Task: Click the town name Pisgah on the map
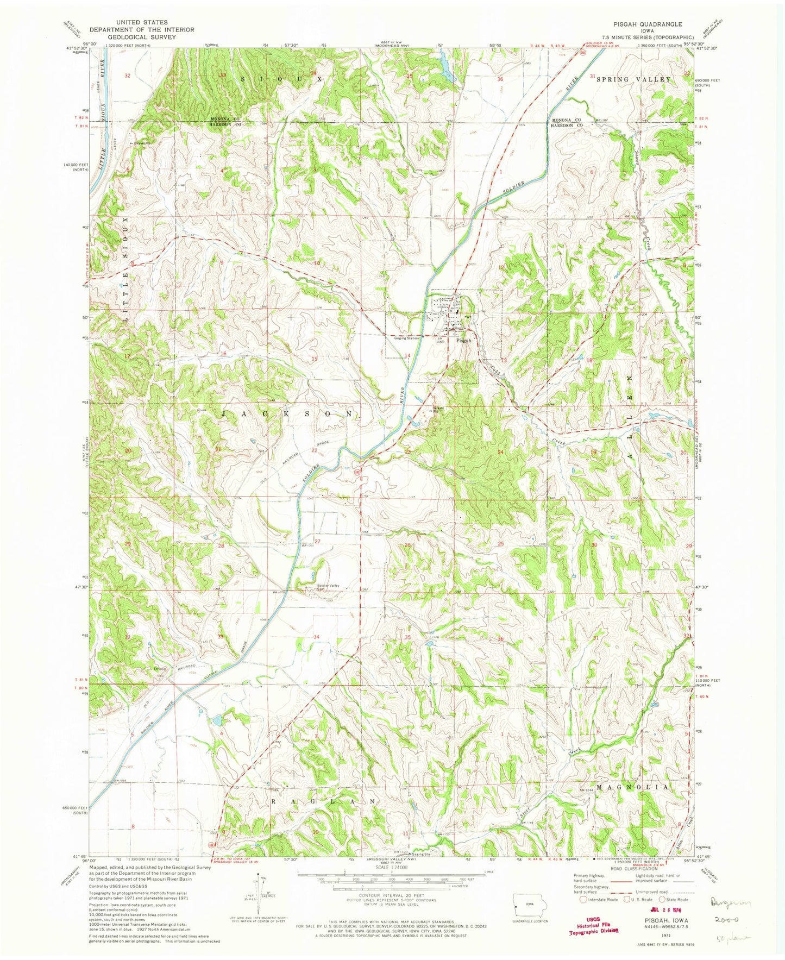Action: (x=463, y=341)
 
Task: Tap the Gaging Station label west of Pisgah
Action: (x=407, y=338)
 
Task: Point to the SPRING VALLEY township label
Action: (x=634, y=79)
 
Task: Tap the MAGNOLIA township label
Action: (x=632, y=787)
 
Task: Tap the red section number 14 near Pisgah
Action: (x=407, y=355)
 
